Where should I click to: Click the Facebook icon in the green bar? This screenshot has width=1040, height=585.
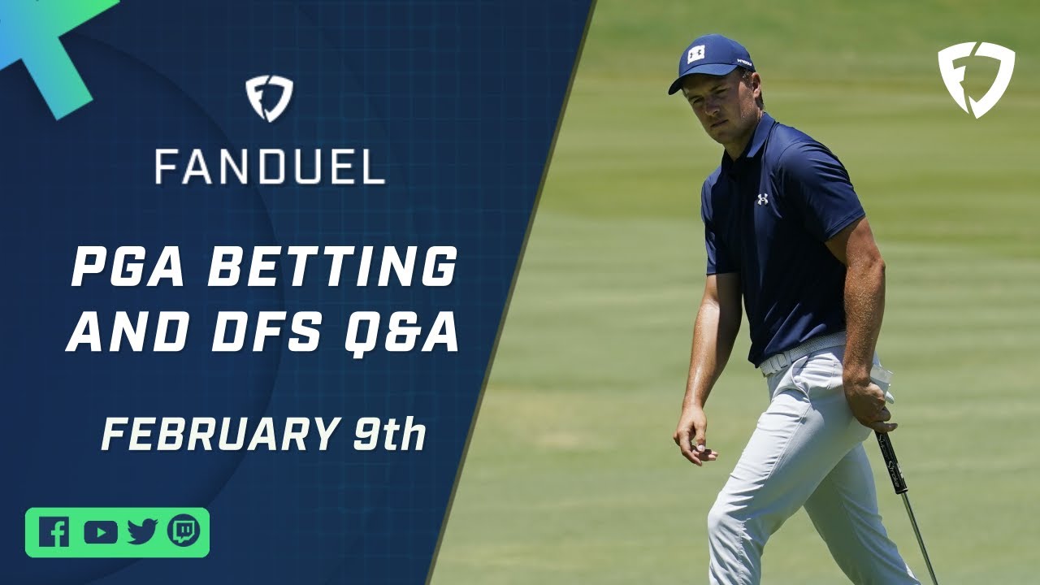pos(54,531)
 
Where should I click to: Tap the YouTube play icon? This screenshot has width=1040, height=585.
pos(100,532)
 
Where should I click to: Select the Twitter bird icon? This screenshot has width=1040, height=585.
pos(142,532)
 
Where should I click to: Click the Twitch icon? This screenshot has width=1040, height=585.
pos(184,531)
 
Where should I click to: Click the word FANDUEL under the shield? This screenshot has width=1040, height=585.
pos(270,167)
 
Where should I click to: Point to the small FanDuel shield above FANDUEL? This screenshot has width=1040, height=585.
pos(269,99)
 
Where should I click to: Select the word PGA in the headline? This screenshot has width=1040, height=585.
pos(125,268)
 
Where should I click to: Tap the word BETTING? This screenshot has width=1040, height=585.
pos(331,268)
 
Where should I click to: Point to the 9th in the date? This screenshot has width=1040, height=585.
pos(389,434)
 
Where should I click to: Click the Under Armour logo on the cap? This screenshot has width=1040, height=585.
pos(696,54)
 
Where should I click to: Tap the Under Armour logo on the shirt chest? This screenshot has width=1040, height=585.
pos(762,199)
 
